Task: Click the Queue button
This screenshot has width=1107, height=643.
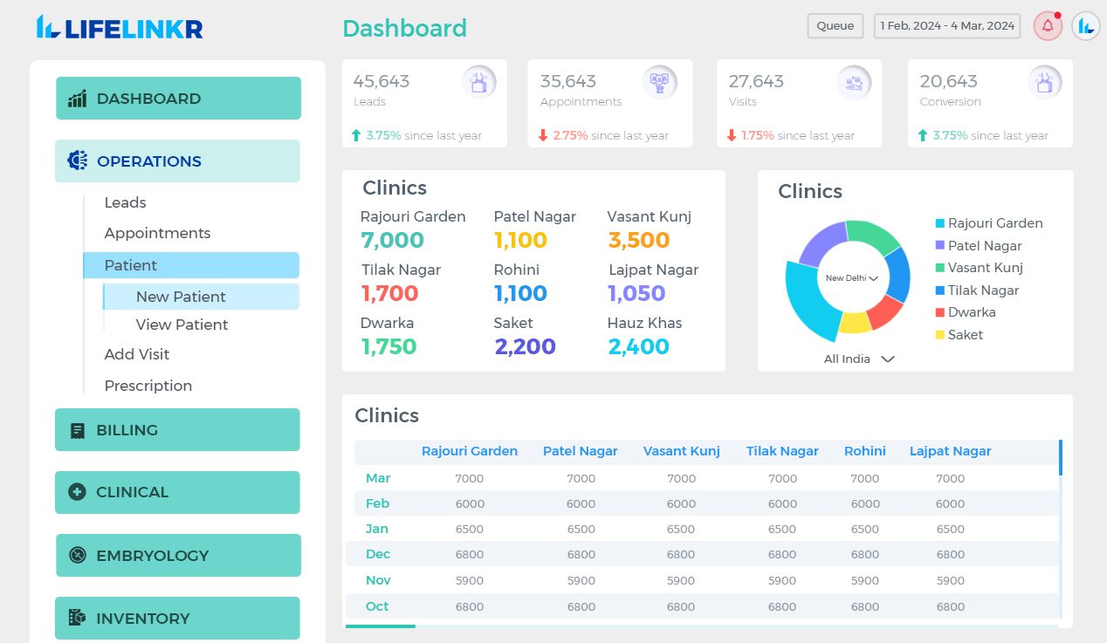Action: pyautogui.click(x=835, y=26)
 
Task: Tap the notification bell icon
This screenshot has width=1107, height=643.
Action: pyautogui.click(x=1048, y=26)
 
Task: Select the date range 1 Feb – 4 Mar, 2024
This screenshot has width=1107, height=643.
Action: pyautogui.click(x=947, y=26)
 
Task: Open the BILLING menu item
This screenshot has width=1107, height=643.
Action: pyautogui.click(x=177, y=430)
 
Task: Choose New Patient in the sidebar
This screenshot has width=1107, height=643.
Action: pyautogui.click(x=181, y=297)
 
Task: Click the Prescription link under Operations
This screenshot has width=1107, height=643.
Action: pyautogui.click(x=148, y=386)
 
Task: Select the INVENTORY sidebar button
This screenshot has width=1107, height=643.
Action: pyautogui.click(x=177, y=619)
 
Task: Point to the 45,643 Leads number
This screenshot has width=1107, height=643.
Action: pyautogui.click(x=382, y=81)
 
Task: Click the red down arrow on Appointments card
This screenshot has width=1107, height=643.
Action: pyautogui.click(x=543, y=135)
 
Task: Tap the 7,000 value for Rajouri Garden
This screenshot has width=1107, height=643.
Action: pyautogui.click(x=392, y=240)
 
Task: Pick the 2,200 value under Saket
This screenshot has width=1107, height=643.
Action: pyautogui.click(x=525, y=346)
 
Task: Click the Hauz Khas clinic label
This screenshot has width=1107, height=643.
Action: pyautogui.click(x=644, y=323)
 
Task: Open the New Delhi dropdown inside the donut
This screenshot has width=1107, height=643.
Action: pyautogui.click(x=851, y=278)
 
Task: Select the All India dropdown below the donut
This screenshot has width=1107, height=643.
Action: pyautogui.click(x=859, y=359)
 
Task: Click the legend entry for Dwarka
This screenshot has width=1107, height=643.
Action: pyautogui.click(x=971, y=312)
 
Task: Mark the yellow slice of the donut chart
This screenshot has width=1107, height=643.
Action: pyautogui.click(x=855, y=322)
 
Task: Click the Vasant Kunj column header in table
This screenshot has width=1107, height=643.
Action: pyautogui.click(x=681, y=451)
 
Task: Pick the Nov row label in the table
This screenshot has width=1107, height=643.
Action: pyautogui.click(x=378, y=580)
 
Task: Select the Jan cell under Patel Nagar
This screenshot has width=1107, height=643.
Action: pyautogui.click(x=581, y=529)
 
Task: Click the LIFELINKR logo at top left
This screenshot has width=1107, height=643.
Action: pyautogui.click(x=120, y=28)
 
